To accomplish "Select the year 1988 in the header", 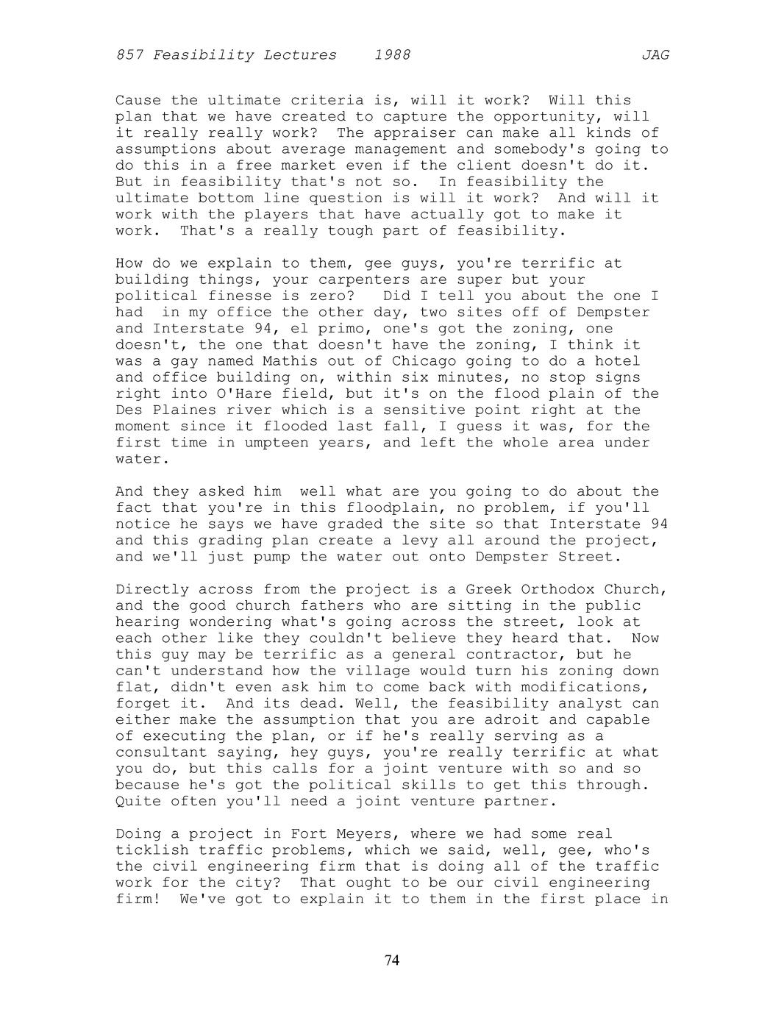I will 392,55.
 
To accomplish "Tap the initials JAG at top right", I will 655,55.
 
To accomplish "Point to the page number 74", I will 392,960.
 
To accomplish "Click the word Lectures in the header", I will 300,55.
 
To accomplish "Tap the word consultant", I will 161,752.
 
